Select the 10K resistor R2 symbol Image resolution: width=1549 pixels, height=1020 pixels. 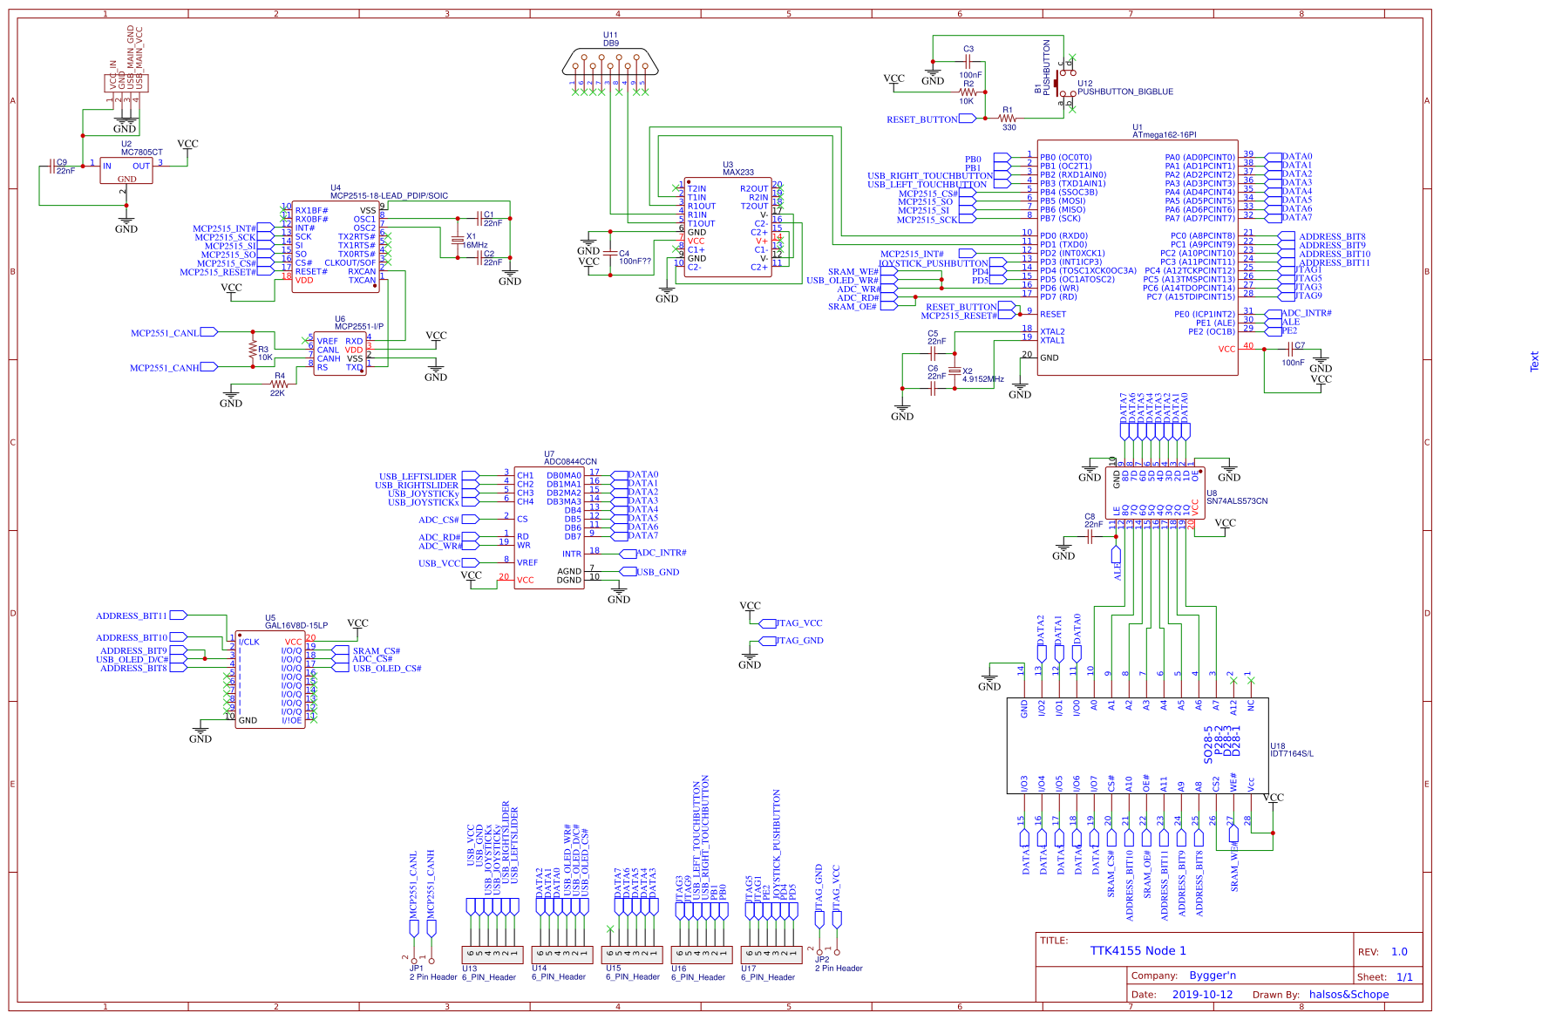967,92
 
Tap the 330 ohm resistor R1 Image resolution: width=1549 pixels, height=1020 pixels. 1008,118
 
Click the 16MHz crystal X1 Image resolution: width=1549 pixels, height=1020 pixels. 457,240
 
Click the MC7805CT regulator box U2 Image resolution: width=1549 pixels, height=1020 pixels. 126,170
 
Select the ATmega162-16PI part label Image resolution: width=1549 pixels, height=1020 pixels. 1164,135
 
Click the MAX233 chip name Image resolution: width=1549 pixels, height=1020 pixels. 737,173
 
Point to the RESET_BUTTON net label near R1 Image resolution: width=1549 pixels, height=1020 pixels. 921,119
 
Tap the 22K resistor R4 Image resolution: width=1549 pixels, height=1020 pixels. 278,384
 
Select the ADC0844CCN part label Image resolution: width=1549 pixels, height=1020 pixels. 570,461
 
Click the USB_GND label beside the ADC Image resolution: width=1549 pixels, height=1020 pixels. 657,572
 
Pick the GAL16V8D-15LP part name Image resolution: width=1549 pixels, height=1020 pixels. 296,625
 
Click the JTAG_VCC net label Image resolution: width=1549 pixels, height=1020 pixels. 798,623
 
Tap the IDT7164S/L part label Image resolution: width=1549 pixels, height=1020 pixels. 1291,753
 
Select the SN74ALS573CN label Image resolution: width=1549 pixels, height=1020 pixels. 1236,501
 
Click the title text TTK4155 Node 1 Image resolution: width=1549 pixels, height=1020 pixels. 1138,950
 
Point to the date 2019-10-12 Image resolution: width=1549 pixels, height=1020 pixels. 1202,994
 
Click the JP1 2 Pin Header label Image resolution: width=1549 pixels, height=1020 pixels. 433,976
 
